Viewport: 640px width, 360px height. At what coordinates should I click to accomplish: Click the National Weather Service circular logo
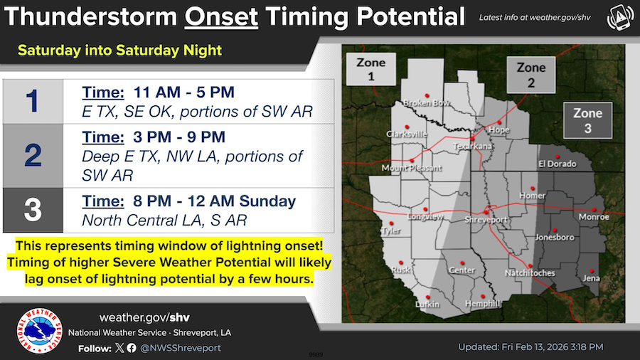click(39, 331)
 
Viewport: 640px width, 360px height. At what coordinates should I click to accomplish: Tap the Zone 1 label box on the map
click(371, 70)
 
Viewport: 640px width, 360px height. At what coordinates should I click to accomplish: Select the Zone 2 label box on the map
click(531, 75)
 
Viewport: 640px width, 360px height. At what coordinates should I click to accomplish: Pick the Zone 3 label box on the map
click(588, 120)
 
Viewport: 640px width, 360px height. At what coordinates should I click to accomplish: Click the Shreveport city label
click(486, 220)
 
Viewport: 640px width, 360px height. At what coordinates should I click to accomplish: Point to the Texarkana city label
click(472, 146)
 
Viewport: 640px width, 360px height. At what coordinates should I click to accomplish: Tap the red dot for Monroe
click(594, 209)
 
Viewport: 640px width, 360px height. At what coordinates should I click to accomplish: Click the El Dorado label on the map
click(557, 164)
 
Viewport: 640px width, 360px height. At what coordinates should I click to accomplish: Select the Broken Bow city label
click(427, 103)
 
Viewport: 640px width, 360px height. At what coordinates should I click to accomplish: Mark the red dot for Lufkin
click(428, 297)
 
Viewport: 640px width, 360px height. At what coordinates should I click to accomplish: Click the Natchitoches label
click(530, 273)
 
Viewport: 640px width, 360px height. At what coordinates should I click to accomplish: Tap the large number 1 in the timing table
click(32, 101)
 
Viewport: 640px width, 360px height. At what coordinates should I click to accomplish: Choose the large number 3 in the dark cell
click(33, 210)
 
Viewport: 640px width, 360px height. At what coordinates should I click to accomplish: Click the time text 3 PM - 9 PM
click(178, 137)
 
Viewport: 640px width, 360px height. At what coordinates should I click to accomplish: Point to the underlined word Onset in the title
click(221, 17)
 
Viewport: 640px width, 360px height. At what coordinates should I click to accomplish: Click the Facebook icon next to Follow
click(132, 348)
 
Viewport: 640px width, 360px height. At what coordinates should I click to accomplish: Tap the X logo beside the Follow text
click(119, 348)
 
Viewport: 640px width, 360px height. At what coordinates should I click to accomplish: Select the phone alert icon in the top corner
click(620, 17)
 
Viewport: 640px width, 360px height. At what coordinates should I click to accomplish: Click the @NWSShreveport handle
click(181, 348)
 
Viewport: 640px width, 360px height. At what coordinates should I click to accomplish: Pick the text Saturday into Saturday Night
click(119, 51)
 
